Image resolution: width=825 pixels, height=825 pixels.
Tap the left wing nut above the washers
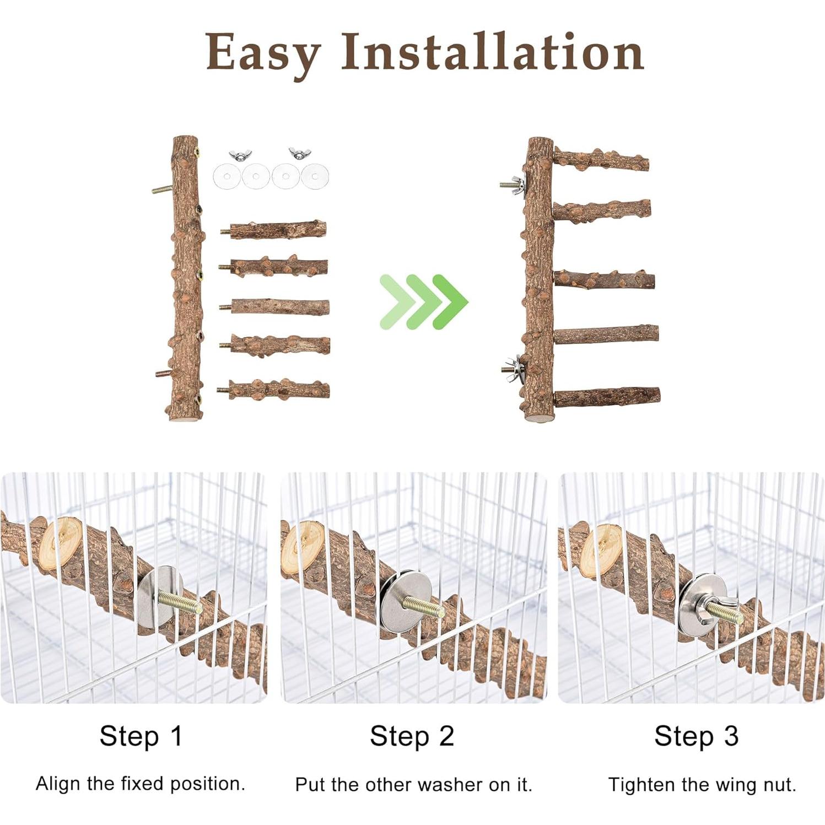pos(240,155)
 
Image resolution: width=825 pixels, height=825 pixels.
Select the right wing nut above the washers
pos(300,153)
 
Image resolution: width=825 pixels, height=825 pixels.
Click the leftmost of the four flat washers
pos(227,176)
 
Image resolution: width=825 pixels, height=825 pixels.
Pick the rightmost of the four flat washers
pos(315,176)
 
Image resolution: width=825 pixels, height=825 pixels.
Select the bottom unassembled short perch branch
pos(278,389)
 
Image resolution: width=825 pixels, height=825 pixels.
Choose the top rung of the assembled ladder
pos(601,159)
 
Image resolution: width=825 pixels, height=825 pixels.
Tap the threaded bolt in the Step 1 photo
pos(179,602)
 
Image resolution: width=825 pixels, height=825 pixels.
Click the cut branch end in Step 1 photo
pos(61,541)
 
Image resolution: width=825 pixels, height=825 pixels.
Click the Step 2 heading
pos(412,736)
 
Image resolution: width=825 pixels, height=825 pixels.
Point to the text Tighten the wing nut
pos(702,784)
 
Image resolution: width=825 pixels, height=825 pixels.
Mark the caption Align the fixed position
pos(141,783)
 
